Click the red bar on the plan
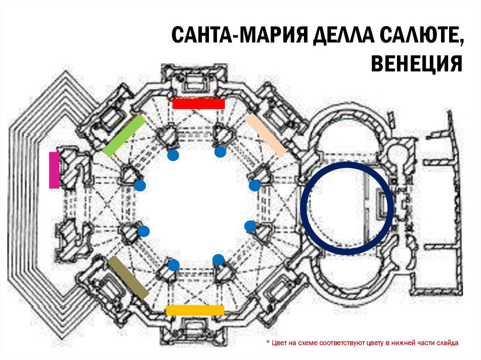click(x=198, y=103)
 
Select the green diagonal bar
click(x=124, y=136)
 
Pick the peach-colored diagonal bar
click(x=266, y=134)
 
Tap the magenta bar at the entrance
click(x=54, y=170)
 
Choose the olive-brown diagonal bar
click(x=128, y=277)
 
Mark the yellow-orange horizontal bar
click(x=195, y=310)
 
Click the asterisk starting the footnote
click(x=268, y=343)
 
